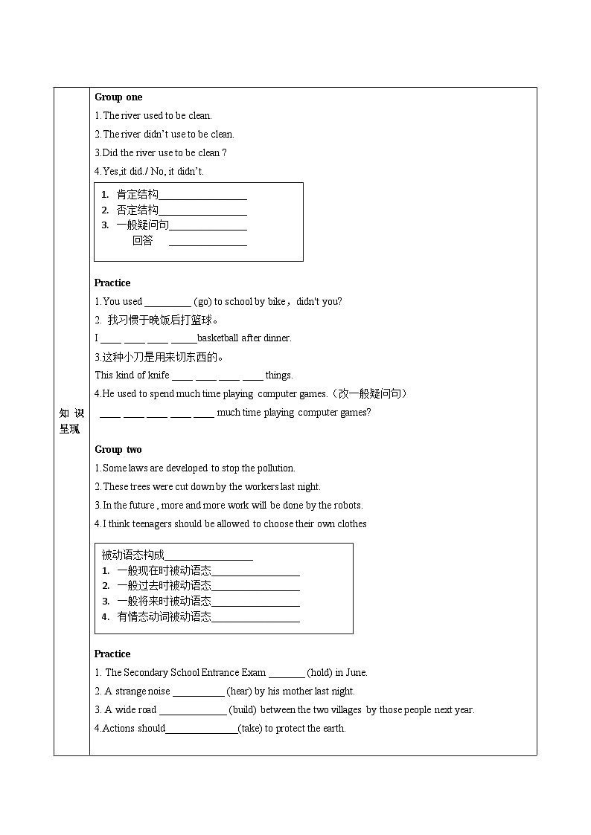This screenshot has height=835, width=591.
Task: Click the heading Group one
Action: click(x=118, y=97)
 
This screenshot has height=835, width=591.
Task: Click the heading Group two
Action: click(x=118, y=450)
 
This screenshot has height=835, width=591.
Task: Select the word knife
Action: click(x=157, y=375)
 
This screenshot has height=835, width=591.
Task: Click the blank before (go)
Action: click(x=167, y=303)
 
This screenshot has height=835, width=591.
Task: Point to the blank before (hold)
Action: click(x=287, y=674)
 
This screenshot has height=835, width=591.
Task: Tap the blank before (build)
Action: click(x=193, y=711)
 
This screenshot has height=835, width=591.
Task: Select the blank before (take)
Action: click(x=201, y=729)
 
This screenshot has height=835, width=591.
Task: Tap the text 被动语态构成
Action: click(x=132, y=555)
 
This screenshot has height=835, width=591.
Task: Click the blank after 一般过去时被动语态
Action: click(x=255, y=587)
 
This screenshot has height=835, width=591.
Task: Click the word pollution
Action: click(x=275, y=468)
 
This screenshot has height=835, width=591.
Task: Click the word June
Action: click(x=357, y=673)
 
